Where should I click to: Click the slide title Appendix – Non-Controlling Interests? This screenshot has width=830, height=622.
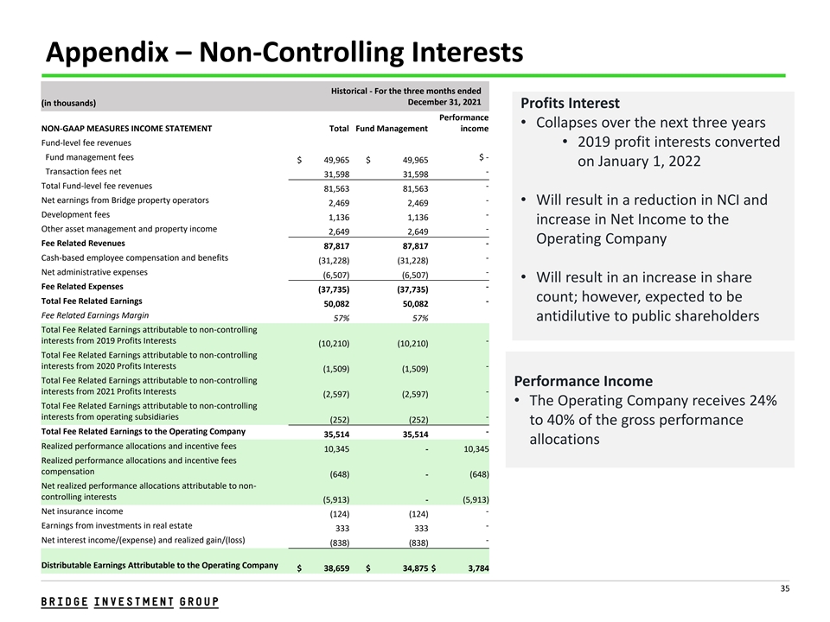coord(284,54)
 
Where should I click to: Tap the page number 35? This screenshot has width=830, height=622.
coord(785,589)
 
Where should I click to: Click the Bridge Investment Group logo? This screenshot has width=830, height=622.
coord(130,602)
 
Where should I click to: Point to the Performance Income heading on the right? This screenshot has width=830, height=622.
coord(583,381)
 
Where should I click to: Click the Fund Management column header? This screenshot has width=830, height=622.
coord(392,129)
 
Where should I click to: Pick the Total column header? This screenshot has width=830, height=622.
coord(339,129)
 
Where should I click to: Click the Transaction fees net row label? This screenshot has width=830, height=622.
coord(83,171)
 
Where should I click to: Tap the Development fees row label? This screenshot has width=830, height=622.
coord(75,214)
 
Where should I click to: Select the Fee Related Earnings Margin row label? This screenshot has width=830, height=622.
coord(94,315)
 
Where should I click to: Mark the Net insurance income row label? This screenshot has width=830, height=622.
coord(82,511)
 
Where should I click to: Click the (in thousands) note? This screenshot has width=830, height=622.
coord(68,103)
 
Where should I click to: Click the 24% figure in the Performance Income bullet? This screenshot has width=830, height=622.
coord(759,401)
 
